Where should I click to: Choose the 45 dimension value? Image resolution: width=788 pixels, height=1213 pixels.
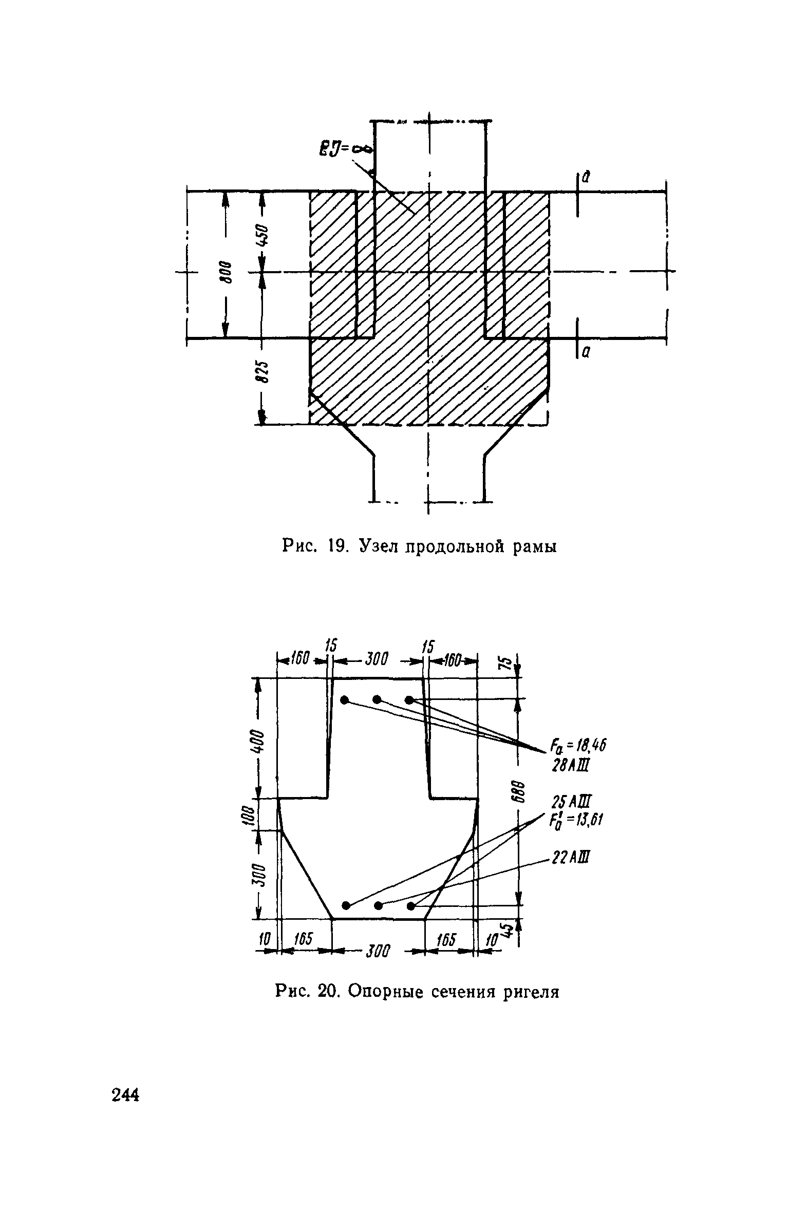click(508, 928)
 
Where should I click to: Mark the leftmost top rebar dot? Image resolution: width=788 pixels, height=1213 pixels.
click(345, 699)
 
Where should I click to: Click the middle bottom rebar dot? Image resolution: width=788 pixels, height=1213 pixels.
click(379, 905)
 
